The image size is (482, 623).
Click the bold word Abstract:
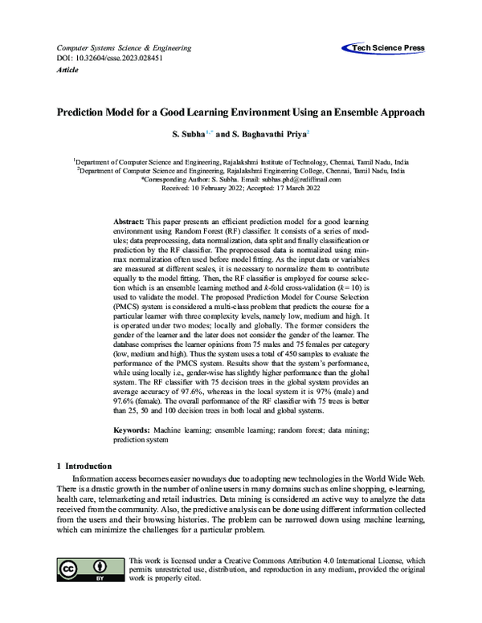129,220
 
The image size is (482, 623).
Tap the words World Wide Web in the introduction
398,478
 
